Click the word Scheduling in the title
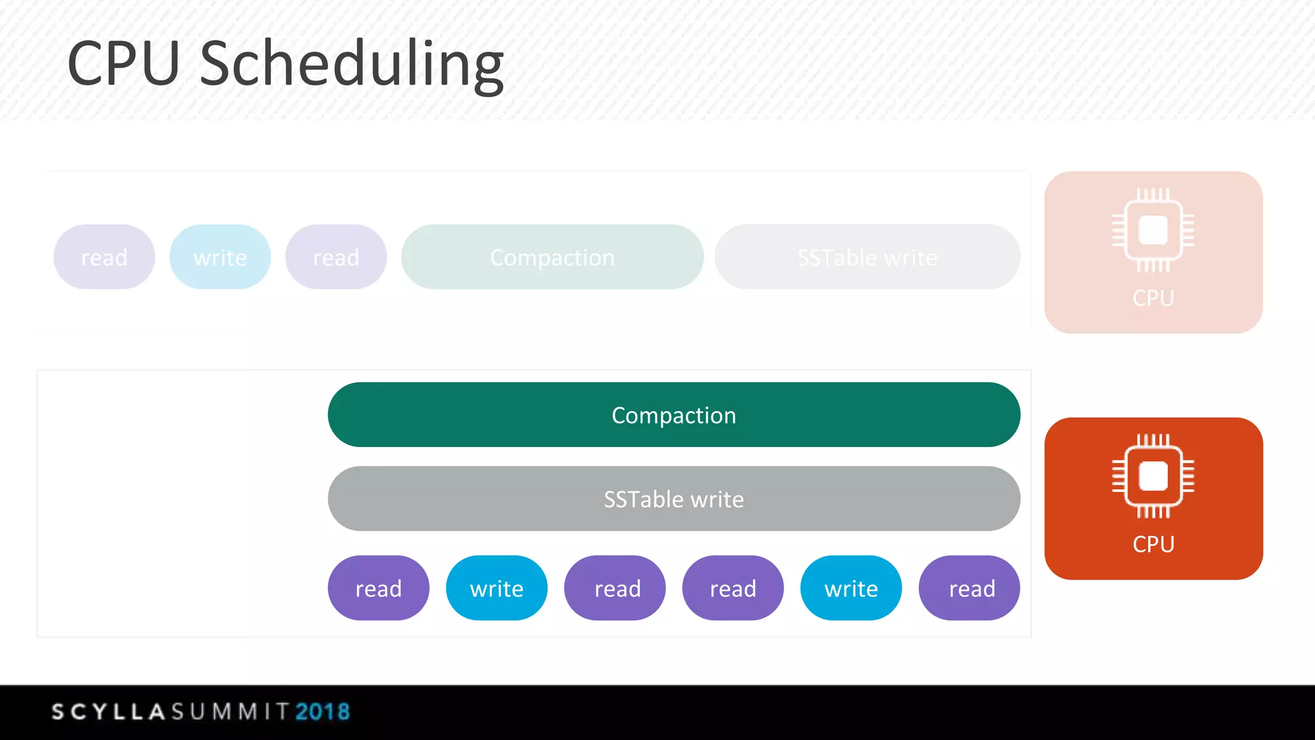352,64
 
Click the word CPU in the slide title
123,64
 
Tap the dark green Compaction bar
674,415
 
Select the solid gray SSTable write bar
674,499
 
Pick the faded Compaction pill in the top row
552,258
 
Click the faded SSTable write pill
867,258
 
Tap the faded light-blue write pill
220,258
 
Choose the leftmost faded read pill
104,258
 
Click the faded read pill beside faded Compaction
336,258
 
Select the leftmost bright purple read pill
378,588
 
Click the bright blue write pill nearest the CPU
851,588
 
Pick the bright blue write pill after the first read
496,588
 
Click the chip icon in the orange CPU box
1153,476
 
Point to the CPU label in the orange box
1153,545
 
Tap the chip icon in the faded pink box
1153,230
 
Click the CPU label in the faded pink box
1153,299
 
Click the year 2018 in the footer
322,712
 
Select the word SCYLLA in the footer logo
109,712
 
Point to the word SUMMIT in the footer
230,712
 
